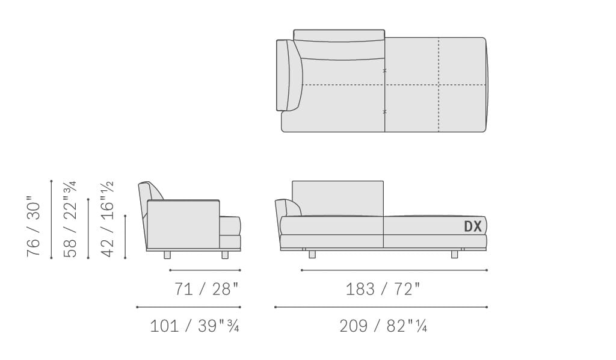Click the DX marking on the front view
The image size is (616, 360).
pyautogui.click(x=473, y=226)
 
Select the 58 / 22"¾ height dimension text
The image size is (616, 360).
pyautogui.click(x=70, y=219)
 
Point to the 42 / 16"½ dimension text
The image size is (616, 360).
pyautogui.click(x=107, y=219)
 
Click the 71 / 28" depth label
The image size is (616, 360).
pyautogui.click(x=206, y=289)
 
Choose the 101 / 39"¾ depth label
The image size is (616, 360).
pyautogui.click(x=194, y=326)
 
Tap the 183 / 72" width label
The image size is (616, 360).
pyautogui.click(x=383, y=289)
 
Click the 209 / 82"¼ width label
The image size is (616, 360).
pyautogui.click(x=383, y=326)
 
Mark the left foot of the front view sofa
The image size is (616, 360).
pyautogui.click(x=312, y=255)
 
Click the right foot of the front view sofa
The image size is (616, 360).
pyautogui.click(x=455, y=255)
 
